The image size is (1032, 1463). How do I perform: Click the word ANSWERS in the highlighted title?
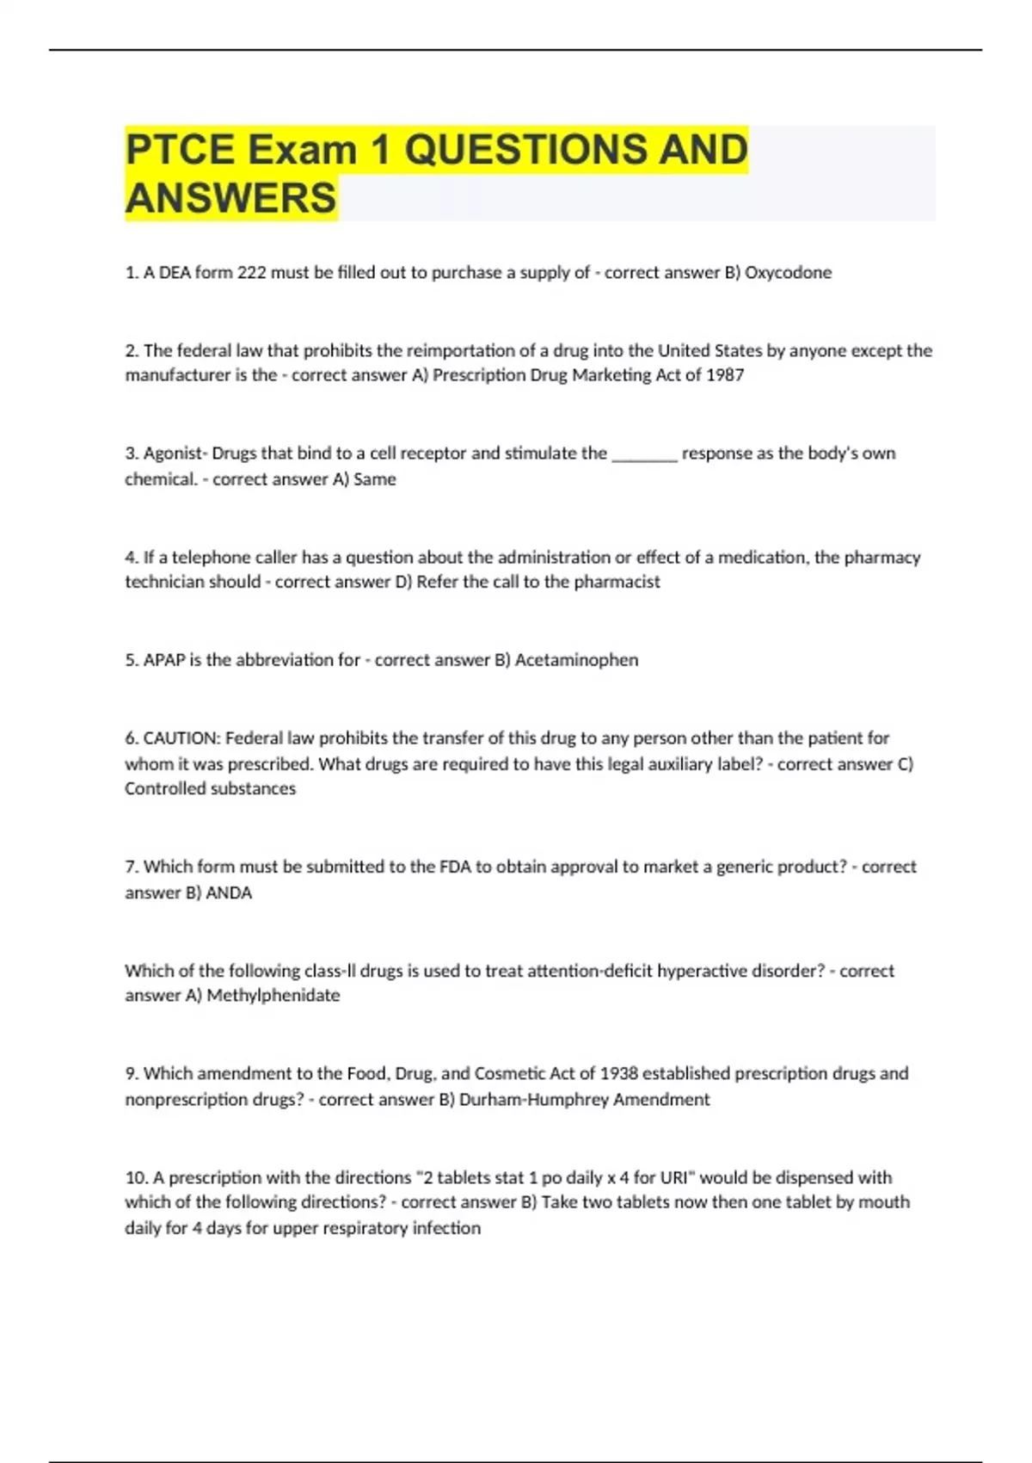230,198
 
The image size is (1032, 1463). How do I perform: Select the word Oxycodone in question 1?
788,273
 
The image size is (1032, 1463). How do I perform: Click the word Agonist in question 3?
175,454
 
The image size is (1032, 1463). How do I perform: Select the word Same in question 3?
375,479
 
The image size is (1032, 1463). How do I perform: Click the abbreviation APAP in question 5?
164,660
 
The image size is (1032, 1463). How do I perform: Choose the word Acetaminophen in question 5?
576,660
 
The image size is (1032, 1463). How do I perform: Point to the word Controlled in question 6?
162,789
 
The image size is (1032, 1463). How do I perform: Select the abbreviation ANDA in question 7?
229,893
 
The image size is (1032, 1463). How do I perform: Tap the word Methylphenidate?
273,996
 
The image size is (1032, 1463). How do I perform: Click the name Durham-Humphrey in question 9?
533,1100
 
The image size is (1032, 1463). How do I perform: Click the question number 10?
136,1177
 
